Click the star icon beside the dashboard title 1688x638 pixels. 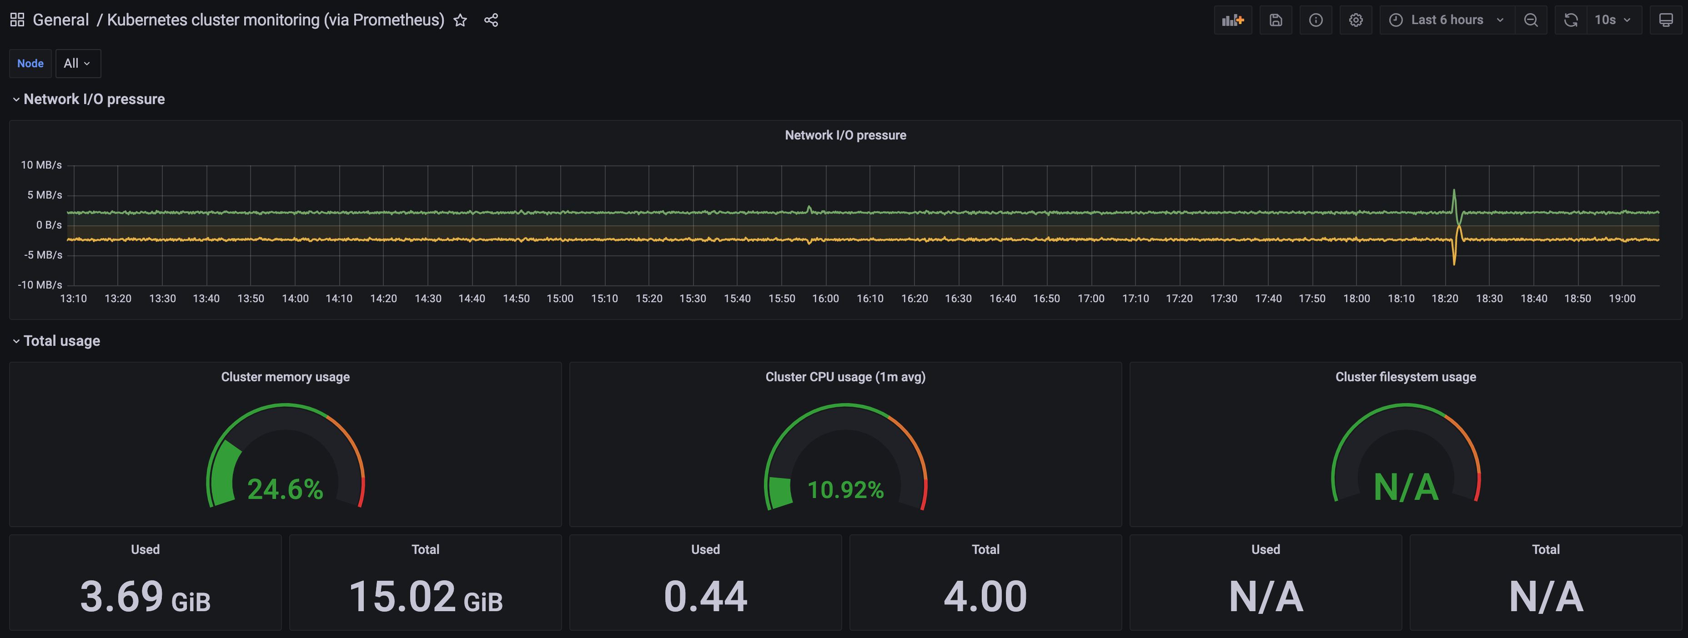460,20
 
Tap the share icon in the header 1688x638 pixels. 491,20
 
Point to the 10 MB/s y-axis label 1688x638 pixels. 41,165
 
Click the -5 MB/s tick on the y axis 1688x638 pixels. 43,255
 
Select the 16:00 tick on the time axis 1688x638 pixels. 825,299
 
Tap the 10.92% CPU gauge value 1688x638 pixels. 845,490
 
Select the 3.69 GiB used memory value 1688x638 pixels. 145,597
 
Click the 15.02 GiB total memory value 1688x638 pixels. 425,597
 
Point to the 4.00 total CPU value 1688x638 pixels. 985,597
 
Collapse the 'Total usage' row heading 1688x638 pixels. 61,341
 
